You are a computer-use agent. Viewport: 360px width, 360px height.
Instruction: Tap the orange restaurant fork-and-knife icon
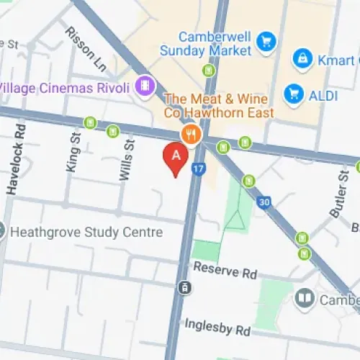tap(191, 133)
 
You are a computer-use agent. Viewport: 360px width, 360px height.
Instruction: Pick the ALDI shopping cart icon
tap(292, 93)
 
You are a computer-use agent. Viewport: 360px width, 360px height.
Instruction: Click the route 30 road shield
tap(266, 203)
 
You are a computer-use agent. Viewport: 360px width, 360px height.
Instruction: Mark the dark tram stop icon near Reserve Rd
tap(185, 288)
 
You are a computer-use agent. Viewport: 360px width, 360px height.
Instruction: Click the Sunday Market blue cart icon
tap(268, 41)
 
